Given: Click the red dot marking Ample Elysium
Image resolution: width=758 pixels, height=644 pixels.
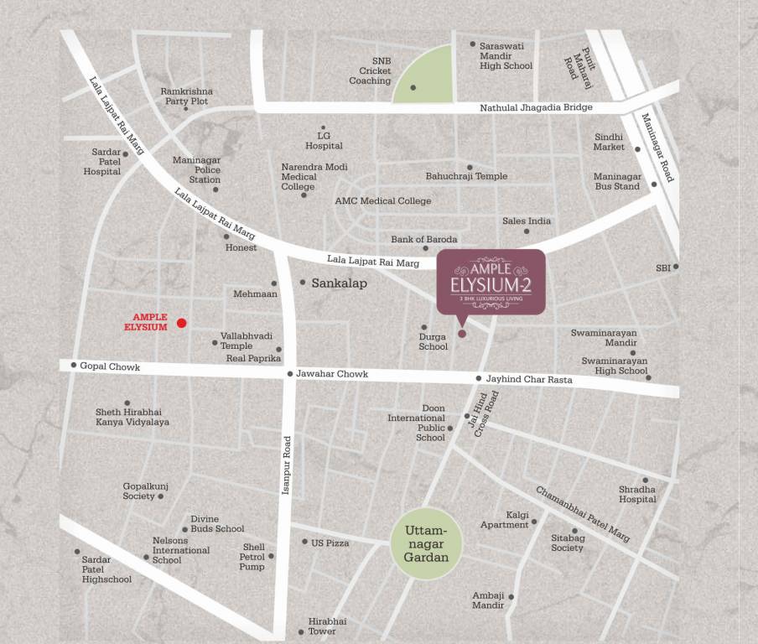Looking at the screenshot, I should tap(181, 323).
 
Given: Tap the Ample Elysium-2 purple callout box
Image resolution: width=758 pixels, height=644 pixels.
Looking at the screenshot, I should tap(491, 281).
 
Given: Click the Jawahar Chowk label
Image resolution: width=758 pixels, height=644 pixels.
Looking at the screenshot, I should tap(332, 374).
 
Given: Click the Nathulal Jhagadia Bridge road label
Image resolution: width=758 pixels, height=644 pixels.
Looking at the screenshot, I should tap(536, 107).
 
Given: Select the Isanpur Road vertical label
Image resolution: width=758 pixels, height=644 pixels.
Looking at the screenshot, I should tap(286, 465).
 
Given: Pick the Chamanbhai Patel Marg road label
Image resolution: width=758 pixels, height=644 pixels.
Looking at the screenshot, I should tap(583, 514).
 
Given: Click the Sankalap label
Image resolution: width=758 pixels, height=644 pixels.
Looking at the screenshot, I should tap(339, 283).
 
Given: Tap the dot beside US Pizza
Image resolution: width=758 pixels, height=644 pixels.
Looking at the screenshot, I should tap(304, 542).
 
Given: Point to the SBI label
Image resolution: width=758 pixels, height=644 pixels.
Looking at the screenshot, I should tap(663, 267).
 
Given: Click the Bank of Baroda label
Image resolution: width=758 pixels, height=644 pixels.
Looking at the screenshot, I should tap(424, 240).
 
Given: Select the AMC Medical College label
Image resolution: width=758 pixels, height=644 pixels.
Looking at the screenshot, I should tap(382, 201).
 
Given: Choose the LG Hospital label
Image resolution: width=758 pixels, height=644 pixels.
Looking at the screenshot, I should tap(324, 140).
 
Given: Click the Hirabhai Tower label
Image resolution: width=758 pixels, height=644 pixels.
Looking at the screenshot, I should tap(327, 626).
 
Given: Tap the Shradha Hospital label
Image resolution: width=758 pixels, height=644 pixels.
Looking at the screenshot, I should tap(637, 494).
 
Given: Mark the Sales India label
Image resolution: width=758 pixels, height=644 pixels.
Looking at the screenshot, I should tap(527, 221).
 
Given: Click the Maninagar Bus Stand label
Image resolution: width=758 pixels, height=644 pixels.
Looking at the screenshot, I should tap(616, 181).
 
